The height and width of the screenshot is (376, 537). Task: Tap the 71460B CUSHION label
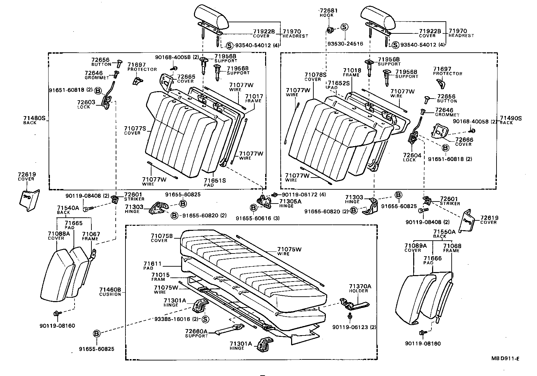110,292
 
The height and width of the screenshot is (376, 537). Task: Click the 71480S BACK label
34,120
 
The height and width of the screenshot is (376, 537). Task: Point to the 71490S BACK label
510,120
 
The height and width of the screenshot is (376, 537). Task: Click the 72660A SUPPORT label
196,333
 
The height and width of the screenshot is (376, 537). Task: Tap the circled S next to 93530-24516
344,27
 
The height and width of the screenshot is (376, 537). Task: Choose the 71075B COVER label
162,238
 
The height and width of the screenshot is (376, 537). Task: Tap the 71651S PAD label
215,183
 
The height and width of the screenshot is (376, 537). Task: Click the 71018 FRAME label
352,72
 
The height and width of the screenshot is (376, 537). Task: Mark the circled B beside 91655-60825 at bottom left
96,333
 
